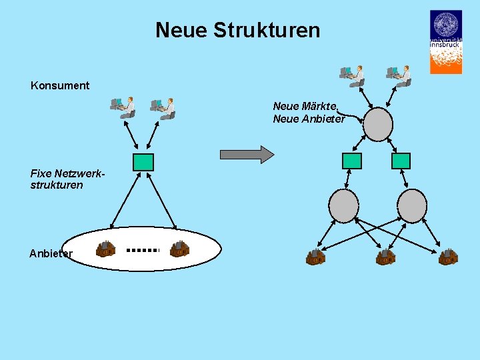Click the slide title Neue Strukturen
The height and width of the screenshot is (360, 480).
pos(237,30)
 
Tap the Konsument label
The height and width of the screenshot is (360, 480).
pos(60,85)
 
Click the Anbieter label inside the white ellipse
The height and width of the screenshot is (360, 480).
pos(51,253)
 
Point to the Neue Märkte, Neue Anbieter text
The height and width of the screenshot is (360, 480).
pos(309,113)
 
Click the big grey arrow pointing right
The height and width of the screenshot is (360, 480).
pos(247,155)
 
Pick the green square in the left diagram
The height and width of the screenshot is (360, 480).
pos(143,162)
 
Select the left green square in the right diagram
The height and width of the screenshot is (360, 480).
pos(351,161)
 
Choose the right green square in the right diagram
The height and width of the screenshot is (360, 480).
pos(401,161)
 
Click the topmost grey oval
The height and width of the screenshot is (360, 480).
pos(377,124)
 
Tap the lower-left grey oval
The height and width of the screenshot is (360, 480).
pos(344,205)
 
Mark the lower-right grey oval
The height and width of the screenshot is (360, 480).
pos(412,205)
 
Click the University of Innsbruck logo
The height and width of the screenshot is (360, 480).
pos(445,41)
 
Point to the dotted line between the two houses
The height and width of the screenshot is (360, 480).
pos(143,250)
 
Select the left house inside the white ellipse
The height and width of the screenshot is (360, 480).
pos(105,249)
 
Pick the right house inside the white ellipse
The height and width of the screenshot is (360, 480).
pos(179,249)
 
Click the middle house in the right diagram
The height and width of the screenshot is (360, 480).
pos(385,257)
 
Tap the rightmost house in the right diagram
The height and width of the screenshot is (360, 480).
pos(448,257)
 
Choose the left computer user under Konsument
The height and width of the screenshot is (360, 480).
pos(123,107)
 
